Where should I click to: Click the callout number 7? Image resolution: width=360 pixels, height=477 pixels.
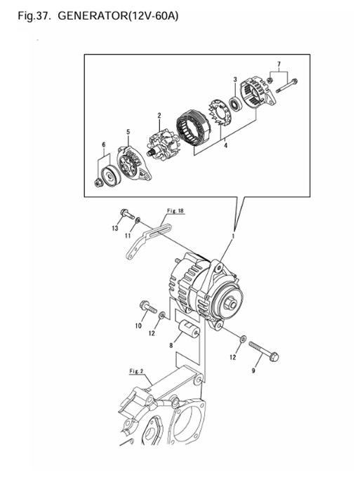click(x=279, y=64)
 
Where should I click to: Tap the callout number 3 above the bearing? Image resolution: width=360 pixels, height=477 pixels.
click(x=235, y=79)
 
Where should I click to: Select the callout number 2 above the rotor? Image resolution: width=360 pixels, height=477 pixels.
click(x=159, y=115)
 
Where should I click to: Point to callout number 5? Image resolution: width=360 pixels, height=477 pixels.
click(x=128, y=132)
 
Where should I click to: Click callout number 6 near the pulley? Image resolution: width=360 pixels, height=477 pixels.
click(x=103, y=145)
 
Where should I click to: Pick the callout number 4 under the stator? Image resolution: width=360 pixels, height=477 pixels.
click(x=225, y=145)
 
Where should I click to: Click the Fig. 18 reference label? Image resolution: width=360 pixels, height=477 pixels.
click(x=175, y=211)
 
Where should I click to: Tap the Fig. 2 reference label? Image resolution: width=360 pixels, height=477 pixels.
click(x=136, y=371)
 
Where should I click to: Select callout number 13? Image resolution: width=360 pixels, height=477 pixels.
click(x=114, y=228)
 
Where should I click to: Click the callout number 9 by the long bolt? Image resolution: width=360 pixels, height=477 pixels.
click(x=253, y=371)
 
